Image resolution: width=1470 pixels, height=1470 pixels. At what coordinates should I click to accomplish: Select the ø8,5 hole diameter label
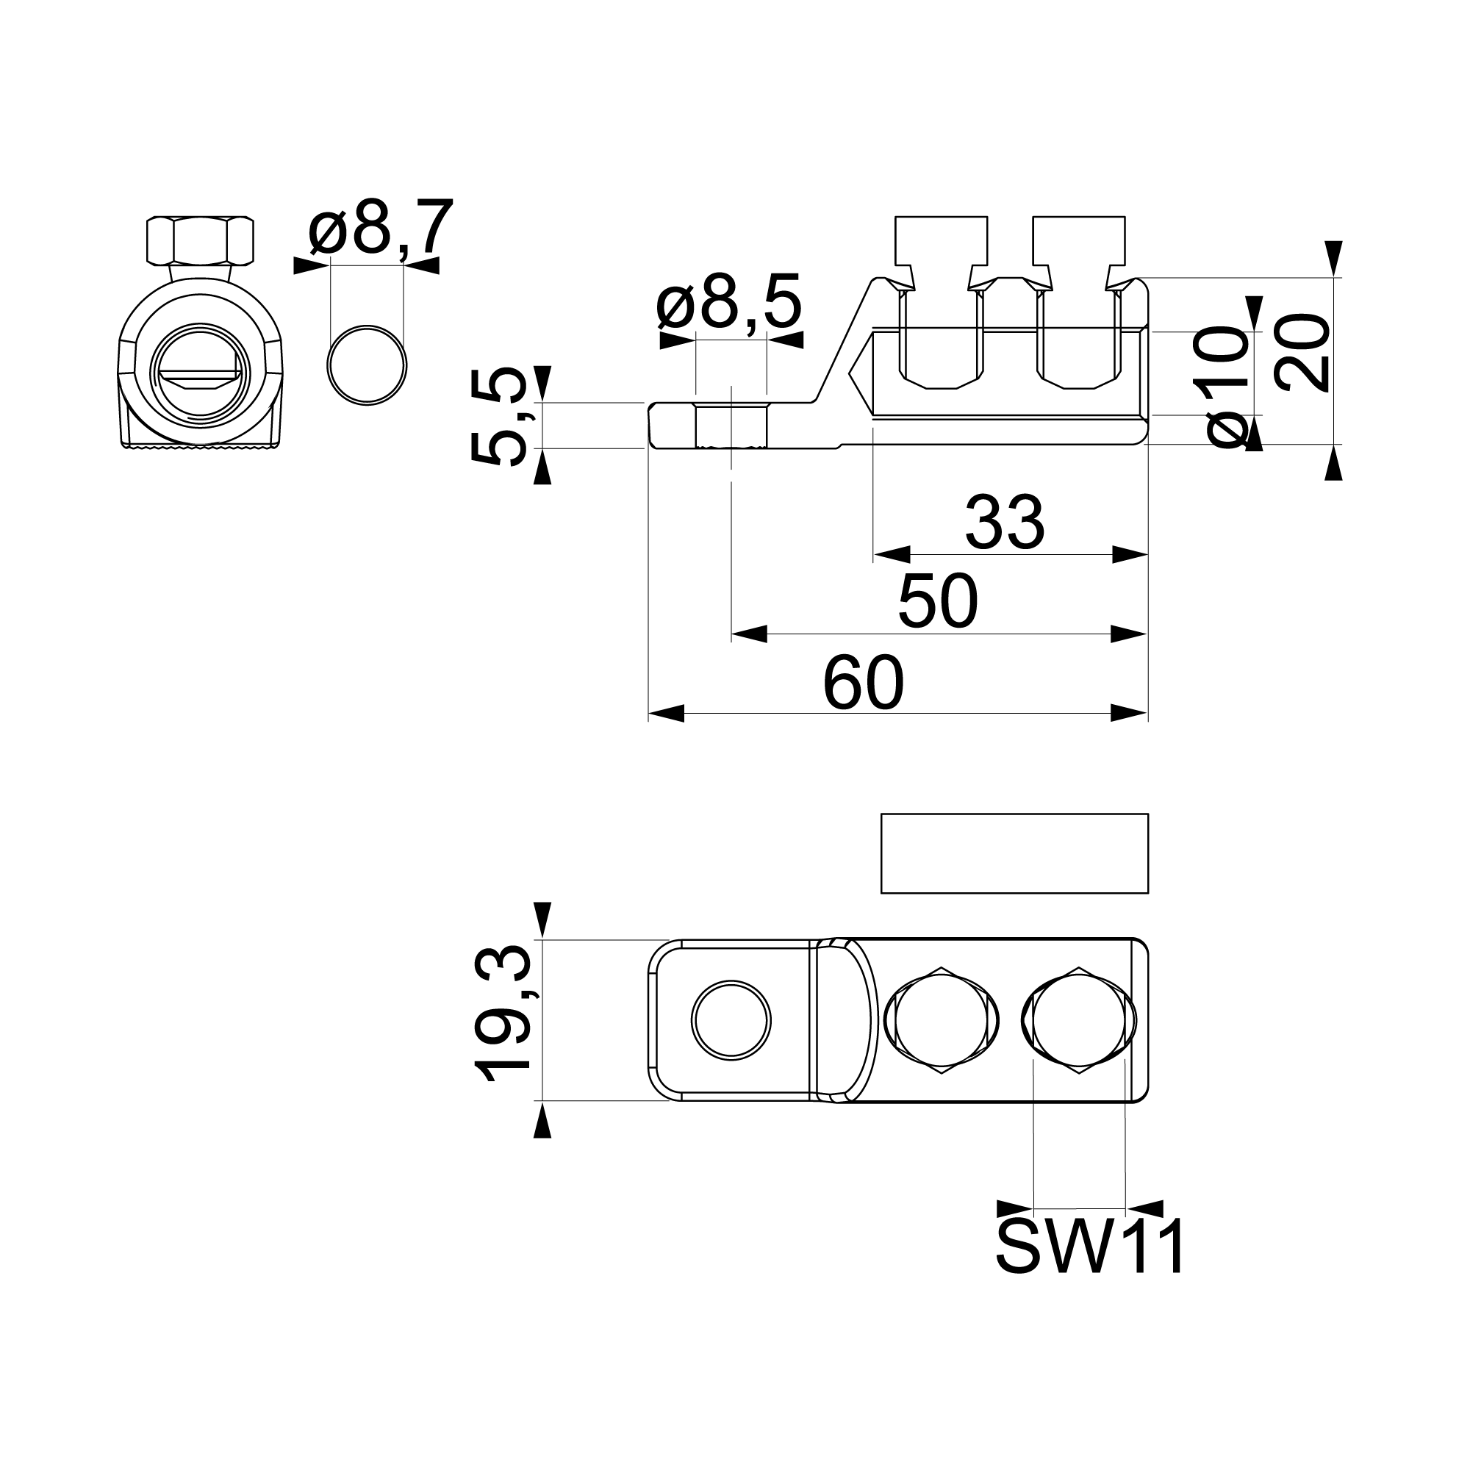(x=730, y=302)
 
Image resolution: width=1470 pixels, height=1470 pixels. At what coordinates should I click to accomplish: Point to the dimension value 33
(x=1004, y=523)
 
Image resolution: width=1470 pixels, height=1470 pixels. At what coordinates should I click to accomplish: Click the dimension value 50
(x=937, y=600)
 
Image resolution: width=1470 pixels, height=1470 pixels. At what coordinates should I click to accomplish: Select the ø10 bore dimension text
(x=1227, y=387)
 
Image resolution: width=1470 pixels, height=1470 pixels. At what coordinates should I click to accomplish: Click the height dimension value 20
(x=1302, y=352)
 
